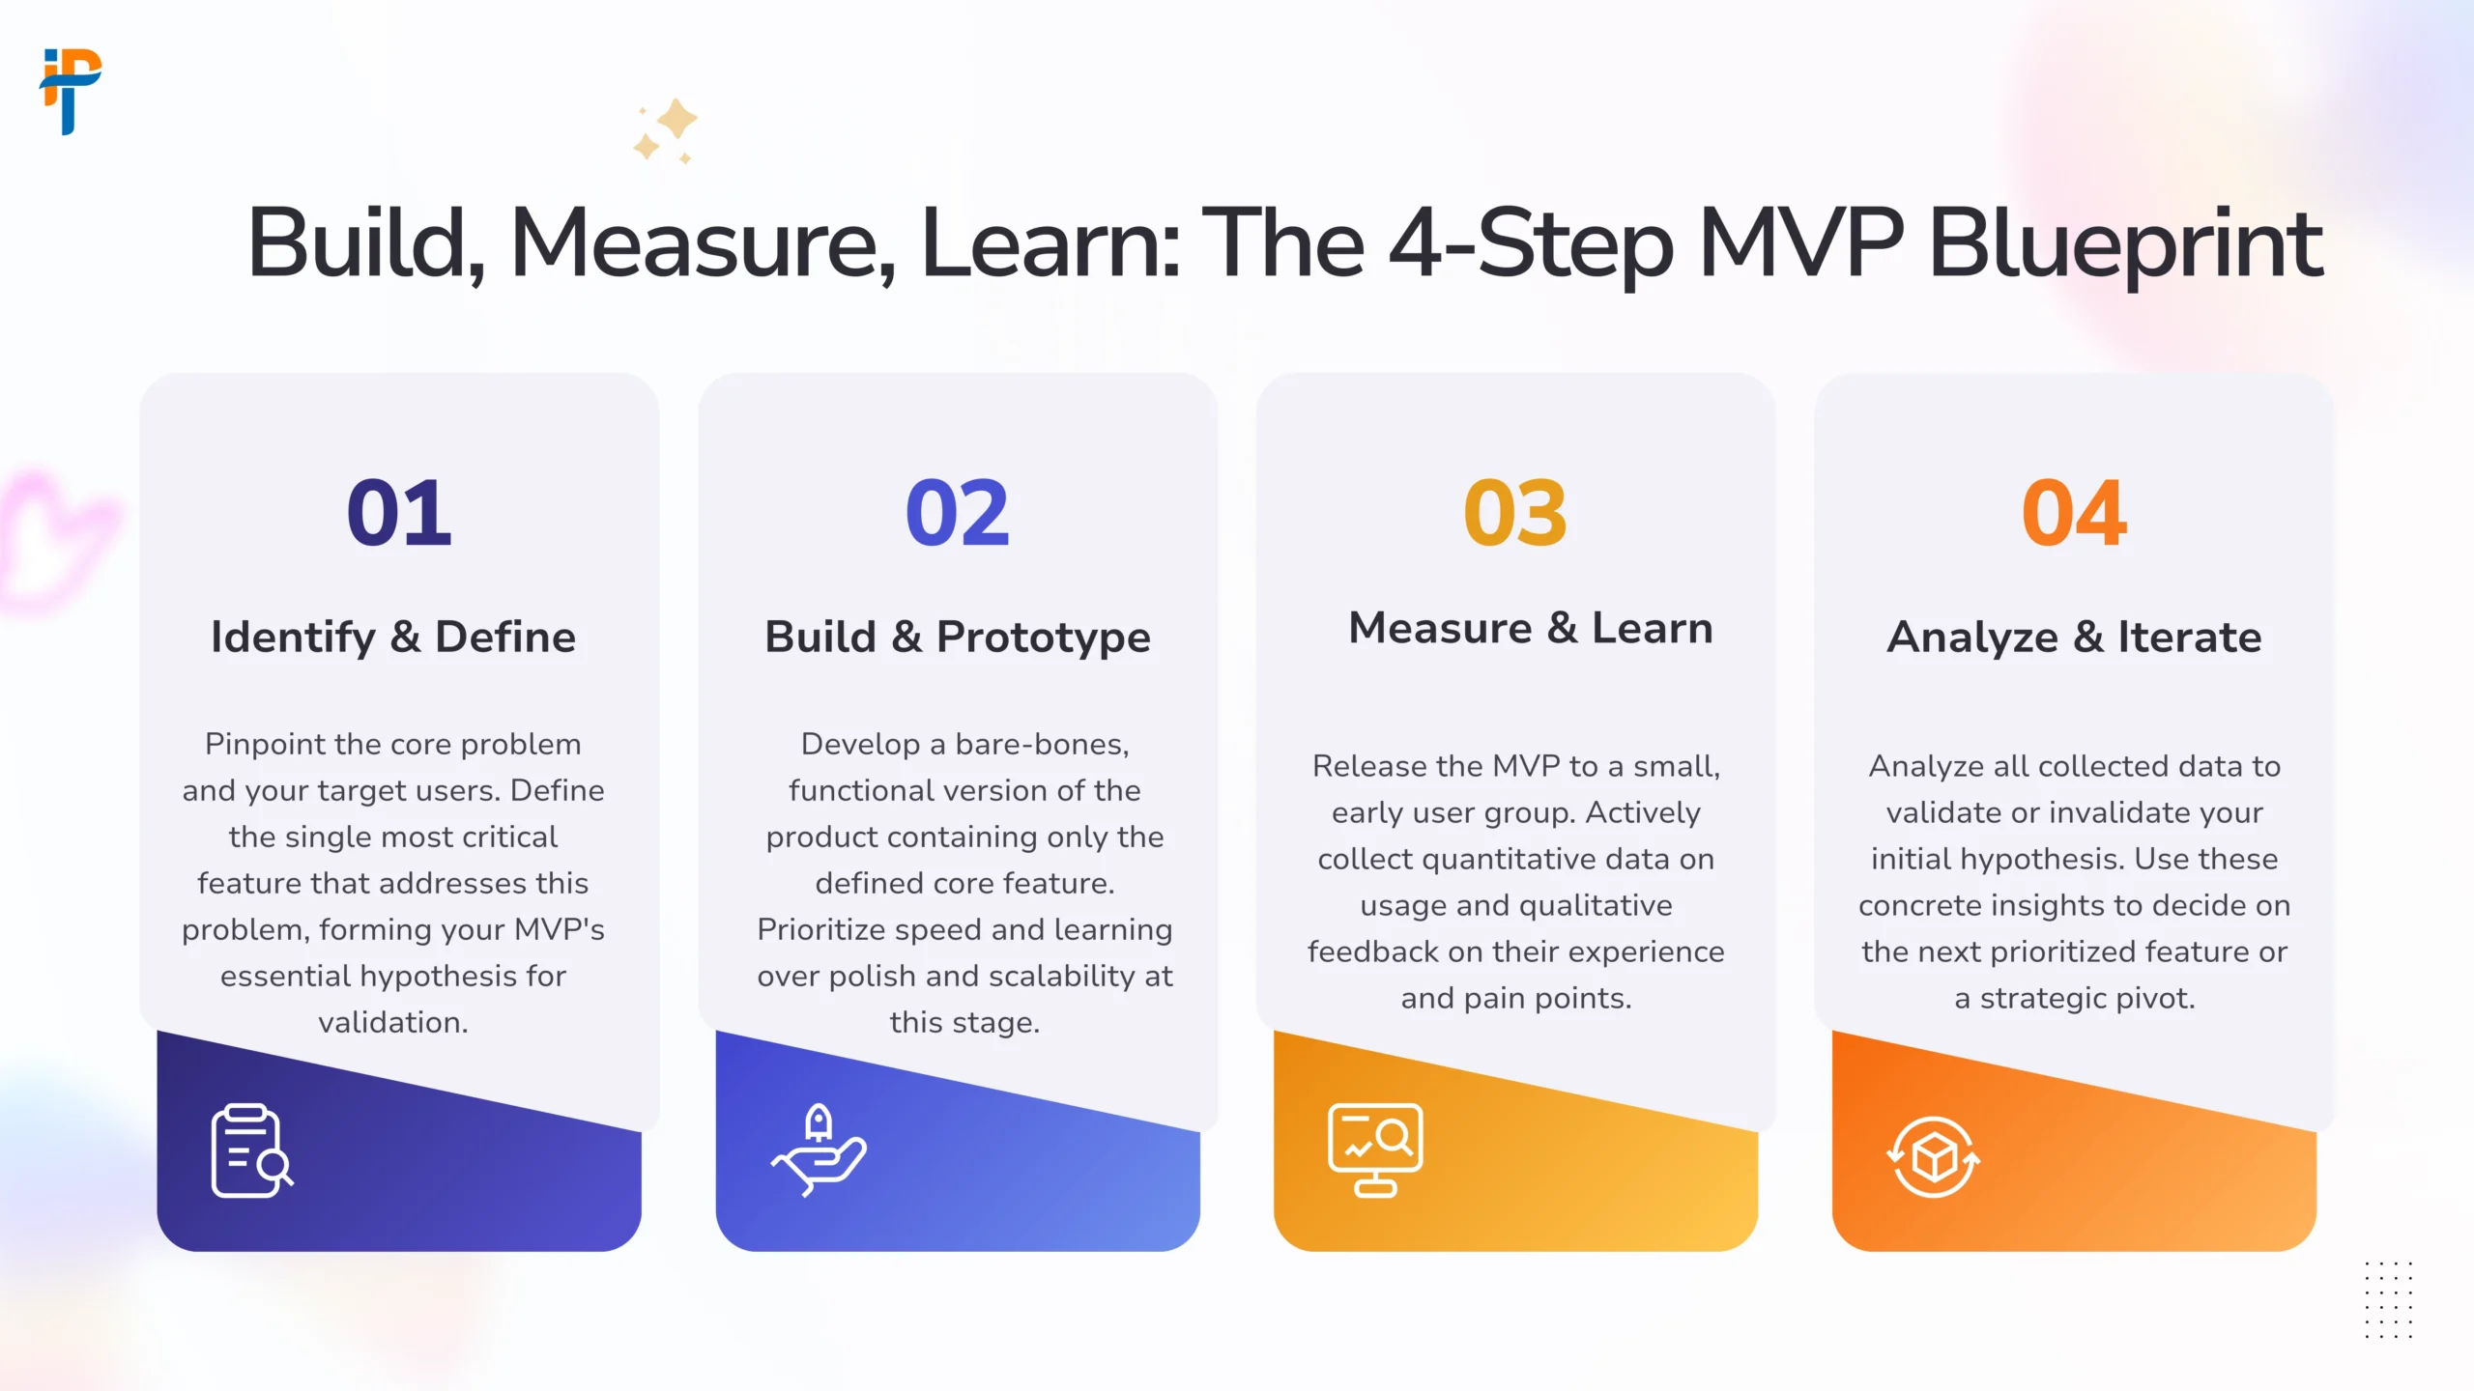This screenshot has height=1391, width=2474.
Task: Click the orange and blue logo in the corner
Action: pyautogui.click(x=71, y=91)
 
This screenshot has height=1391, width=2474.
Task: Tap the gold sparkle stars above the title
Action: pyautogui.click(x=666, y=130)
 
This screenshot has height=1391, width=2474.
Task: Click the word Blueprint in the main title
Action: pyautogui.click(x=2125, y=245)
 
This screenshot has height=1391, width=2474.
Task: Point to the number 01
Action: pyautogui.click(x=399, y=513)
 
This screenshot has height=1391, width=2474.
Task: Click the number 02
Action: pyautogui.click(x=958, y=513)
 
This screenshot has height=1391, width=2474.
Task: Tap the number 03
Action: pyautogui.click(x=1515, y=513)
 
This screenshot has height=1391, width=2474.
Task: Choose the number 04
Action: pyautogui.click(x=2074, y=513)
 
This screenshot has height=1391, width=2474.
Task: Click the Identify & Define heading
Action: pyautogui.click(x=393, y=638)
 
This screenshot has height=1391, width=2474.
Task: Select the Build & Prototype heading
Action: pyautogui.click(x=958, y=638)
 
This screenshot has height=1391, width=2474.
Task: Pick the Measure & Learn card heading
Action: pyautogui.click(x=1531, y=628)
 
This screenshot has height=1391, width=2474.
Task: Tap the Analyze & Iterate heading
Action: pyautogui.click(x=2075, y=638)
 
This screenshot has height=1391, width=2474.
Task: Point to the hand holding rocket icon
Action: pyautogui.click(x=819, y=1150)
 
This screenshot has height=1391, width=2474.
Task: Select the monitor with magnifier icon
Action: pyautogui.click(x=1375, y=1150)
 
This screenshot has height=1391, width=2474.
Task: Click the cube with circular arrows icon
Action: pyautogui.click(x=1934, y=1157)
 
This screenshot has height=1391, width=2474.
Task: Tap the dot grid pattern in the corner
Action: pyautogui.click(x=2389, y=1300)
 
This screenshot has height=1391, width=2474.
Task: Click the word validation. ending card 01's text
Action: pyautogui.click(x=393, y=1022)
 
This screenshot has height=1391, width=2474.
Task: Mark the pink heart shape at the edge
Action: pyautogui.click(x=53, y=536)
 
